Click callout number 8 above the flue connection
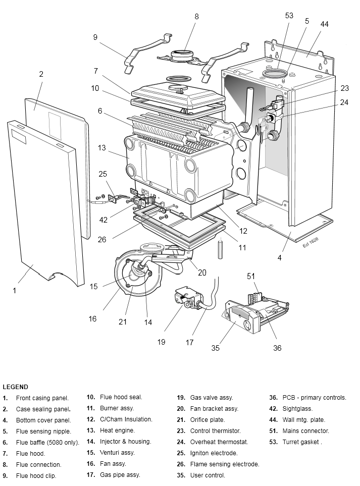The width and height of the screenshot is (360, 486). click(x=196, y=17)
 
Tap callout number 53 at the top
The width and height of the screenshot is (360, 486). click(x=289, y=16)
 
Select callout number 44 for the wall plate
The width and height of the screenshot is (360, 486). click(x=325, y=24)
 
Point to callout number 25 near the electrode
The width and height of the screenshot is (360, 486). click(x=103, y=174)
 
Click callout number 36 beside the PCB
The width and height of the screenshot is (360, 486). click(x=277, y=348)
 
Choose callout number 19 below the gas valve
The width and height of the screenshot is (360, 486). click(x=161, y=342)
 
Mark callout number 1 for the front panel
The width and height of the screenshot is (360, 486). click(x=15, y=290)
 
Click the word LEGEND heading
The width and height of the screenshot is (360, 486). click(x=15, y=387)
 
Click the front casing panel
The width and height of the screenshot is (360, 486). click(x=45, y=202)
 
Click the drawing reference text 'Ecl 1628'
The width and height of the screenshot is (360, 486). click(x=310, y=242)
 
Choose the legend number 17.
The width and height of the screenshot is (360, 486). click(x=91, y=475)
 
